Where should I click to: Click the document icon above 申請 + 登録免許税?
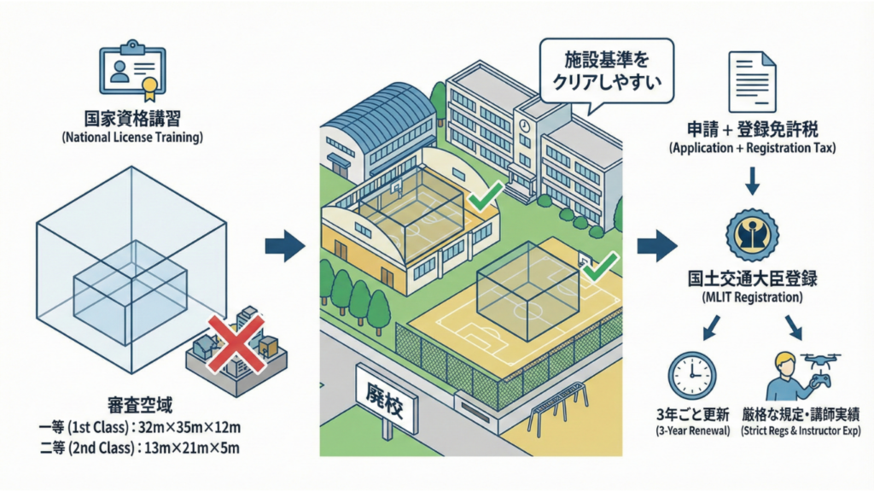click(x=752, y=83)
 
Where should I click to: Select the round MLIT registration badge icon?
click(x=752, y=235)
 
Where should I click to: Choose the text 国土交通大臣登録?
click(x=752, y=279)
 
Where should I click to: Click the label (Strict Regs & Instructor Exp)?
click(x=801, y=432)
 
